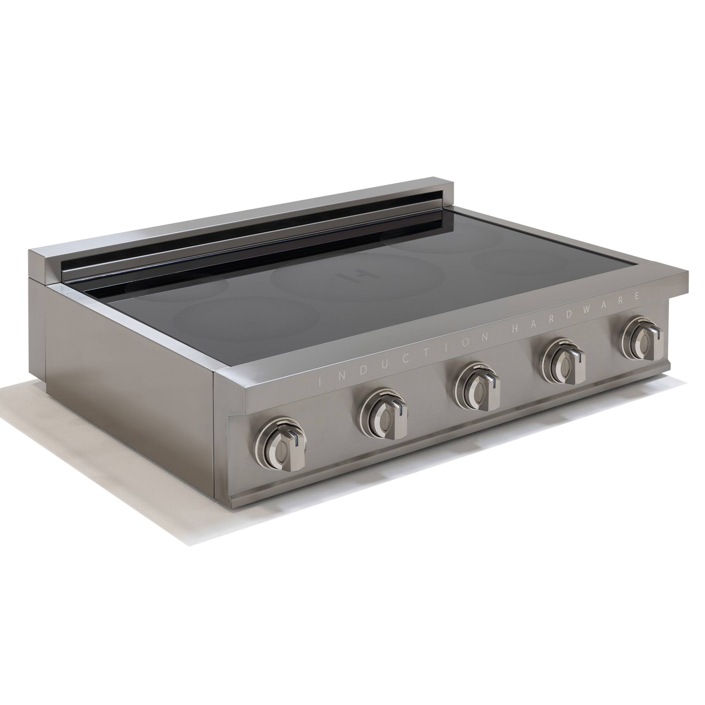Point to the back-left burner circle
pos(175,288)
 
